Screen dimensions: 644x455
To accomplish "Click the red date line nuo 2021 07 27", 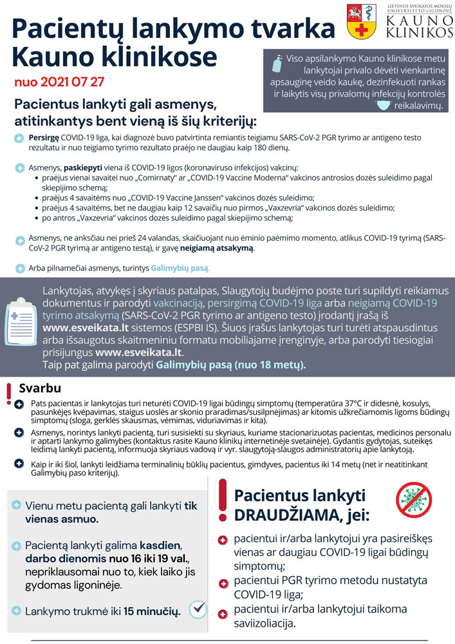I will coord(59,83).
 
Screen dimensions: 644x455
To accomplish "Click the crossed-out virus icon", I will coord(415,499).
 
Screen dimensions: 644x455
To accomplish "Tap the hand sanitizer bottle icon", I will coord(277,64).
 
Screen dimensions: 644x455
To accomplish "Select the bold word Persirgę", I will coord(44,138).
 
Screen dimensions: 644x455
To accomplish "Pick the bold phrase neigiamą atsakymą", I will coord(222,248).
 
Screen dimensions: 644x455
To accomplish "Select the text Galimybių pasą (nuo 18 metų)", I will coord(230,365).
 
